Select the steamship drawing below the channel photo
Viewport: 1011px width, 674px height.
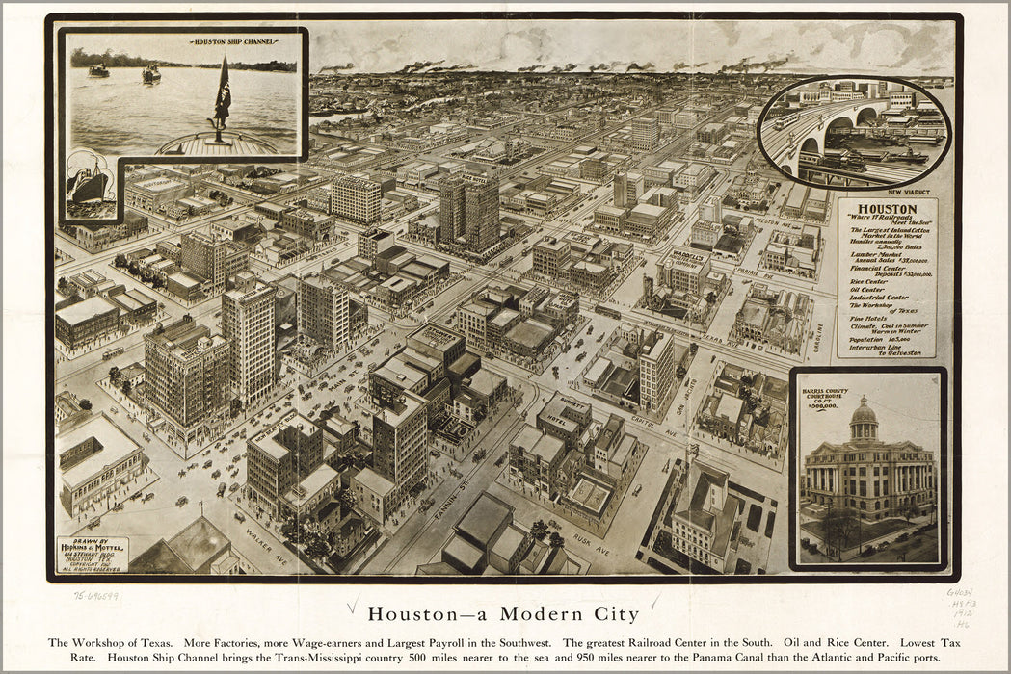tap(88, 183)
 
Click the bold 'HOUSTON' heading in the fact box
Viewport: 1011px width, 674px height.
tap(887, 209)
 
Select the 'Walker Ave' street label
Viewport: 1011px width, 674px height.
tap(264, 544)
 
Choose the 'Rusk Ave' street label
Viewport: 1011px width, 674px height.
tap(591, 544)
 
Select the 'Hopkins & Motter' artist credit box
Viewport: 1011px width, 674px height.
tap(93, 554)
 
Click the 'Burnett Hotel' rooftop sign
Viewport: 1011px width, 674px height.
tap(565, 405)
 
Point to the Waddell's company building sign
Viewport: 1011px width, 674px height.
tap(684, 257)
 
